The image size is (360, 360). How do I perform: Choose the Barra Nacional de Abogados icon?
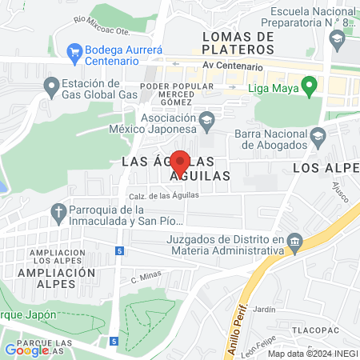(318, 134)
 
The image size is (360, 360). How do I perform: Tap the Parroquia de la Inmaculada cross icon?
(57, 212)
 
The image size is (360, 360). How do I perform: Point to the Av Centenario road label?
(232, 66)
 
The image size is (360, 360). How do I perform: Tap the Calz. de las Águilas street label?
(163, 194)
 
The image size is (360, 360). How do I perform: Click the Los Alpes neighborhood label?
(325, 168)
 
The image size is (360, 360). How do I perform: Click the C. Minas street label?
(146, 279)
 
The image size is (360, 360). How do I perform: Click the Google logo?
(26, 350)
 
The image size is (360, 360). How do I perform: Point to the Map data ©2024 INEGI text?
(311, 354)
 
